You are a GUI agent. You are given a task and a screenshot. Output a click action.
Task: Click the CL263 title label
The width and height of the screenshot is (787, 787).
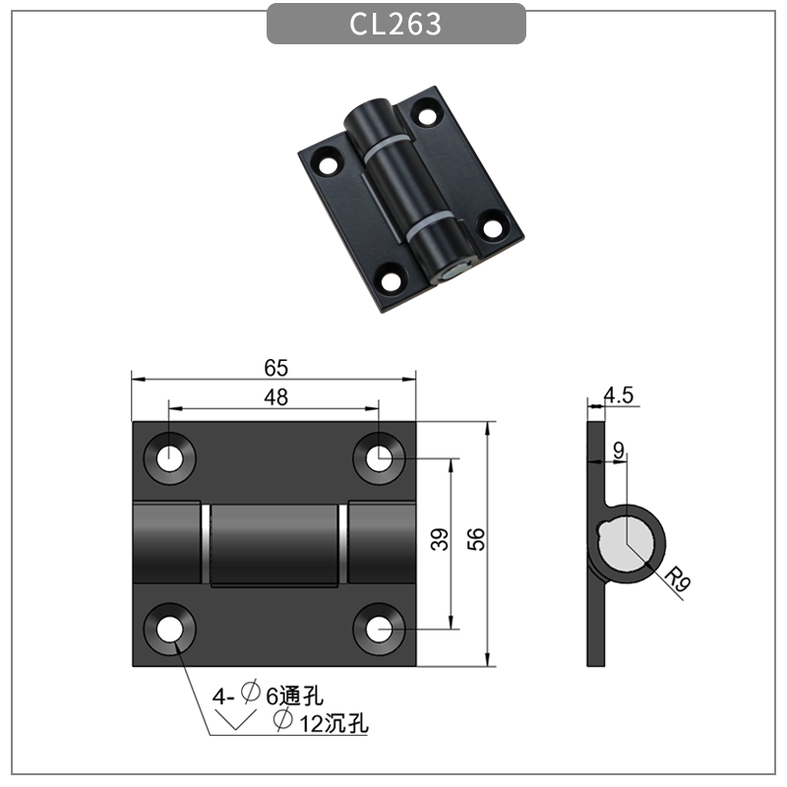395,25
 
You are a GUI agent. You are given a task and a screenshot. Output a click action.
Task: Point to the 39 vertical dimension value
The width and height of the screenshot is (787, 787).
441,540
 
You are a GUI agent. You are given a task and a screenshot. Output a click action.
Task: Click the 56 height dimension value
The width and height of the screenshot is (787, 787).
476,538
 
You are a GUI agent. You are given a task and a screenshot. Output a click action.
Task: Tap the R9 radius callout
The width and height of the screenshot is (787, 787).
676,579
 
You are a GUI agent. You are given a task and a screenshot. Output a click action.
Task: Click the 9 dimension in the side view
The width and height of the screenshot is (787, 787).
618,451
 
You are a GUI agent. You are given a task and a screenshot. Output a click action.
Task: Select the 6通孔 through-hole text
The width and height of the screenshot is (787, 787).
294,696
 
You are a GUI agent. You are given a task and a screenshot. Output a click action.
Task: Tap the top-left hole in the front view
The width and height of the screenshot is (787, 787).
170,457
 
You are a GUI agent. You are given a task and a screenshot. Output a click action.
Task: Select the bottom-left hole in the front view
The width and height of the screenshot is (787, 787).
170,626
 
